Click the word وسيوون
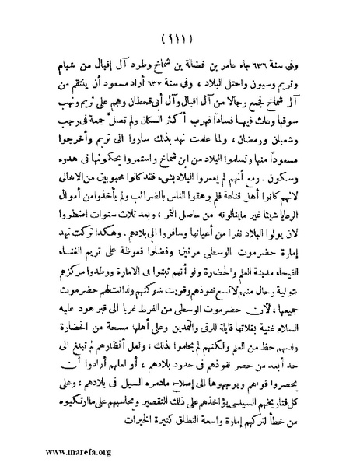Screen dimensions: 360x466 (x=253, y=81)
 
